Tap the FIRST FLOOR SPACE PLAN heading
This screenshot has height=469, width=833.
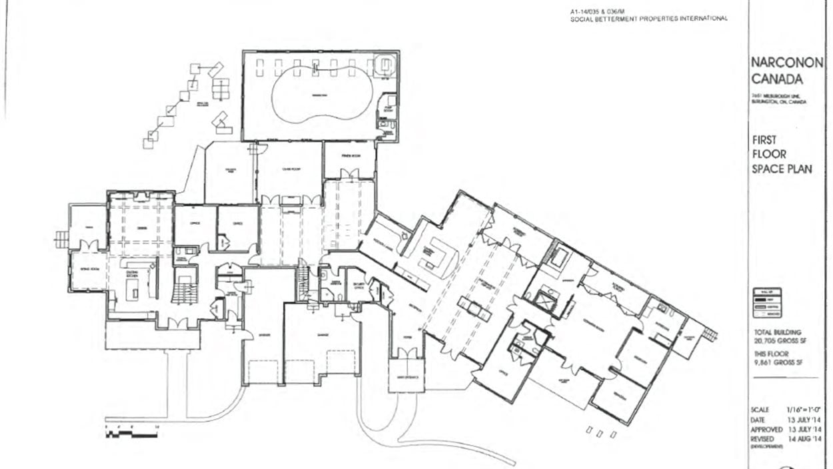(x=781, y=155)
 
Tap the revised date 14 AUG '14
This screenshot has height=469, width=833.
(x=805, y=439)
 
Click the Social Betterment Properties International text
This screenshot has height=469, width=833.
(x=648, y=19)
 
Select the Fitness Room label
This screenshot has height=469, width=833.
(x=349, y=157)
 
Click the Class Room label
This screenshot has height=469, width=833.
(x=289, y=169)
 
